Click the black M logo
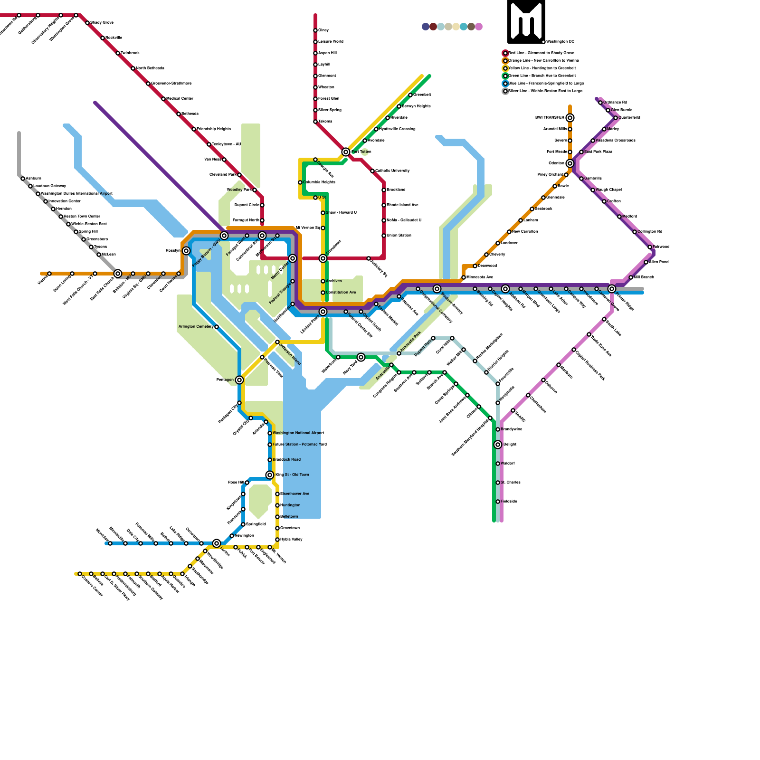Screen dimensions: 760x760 point(526,21)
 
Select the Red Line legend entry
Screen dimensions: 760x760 point(541,53)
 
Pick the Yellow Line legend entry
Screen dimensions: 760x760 point(542,68)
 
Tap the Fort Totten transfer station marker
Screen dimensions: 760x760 point(346,152)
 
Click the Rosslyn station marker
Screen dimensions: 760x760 point(186,251)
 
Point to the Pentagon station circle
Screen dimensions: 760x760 point(239,380)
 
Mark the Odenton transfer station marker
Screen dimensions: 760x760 point(570,163)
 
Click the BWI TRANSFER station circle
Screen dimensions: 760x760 point(570,118)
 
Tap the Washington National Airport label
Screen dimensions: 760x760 point(298,433)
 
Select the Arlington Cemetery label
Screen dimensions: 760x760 point(196,327)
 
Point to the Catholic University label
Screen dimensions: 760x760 point(392,171)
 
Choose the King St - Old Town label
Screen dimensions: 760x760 point(292,475)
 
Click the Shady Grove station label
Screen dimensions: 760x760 point(102,22)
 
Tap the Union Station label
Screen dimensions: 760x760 point(399,235)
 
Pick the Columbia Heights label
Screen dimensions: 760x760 point(319,182)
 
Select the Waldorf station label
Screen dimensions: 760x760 point(507,463)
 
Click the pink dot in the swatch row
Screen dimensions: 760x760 point(479,27)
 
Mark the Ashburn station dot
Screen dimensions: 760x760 point(23,179)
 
